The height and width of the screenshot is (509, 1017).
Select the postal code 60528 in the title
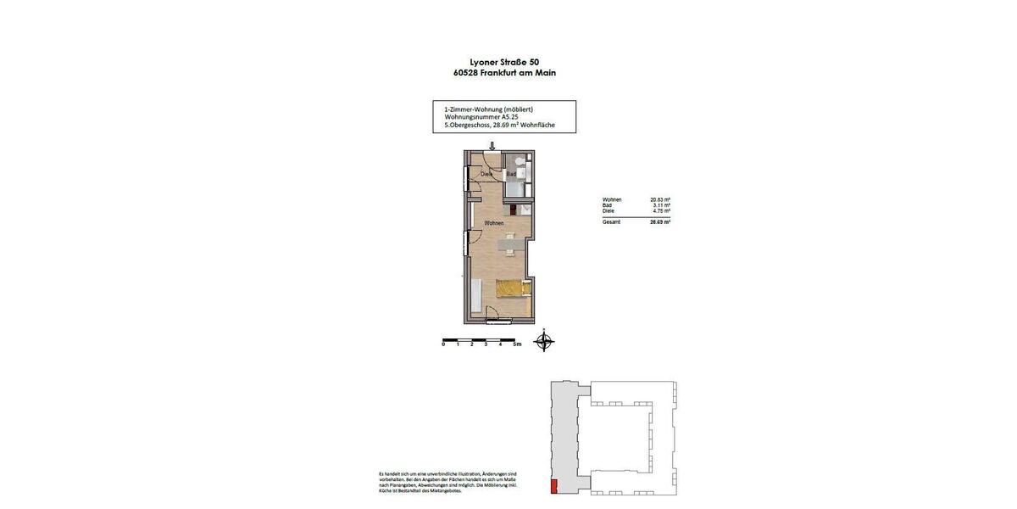pyautogui.click(x=469, y=73)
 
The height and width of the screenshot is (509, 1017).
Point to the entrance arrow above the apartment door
pyautogui.click(x=492, y=146)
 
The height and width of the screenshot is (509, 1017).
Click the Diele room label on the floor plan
pyautogui.click(x=486, y=175)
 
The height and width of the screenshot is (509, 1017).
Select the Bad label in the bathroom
pyautogui.click(x=512, y=175)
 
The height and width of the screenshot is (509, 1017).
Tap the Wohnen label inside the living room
pyautogui.click(x=494, y=223)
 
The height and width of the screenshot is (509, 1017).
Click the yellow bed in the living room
pyautogui.click(x=513, y=289)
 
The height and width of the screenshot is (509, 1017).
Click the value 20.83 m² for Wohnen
pyautogui.click(x=659, y=199)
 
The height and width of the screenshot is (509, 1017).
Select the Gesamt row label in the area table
pyautogui.click(x=611, y=221)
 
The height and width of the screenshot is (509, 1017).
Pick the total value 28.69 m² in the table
pyautogui.click(x=659, y=221)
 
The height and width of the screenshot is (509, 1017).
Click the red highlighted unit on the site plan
pyautogui.click(x=554, y=486)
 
